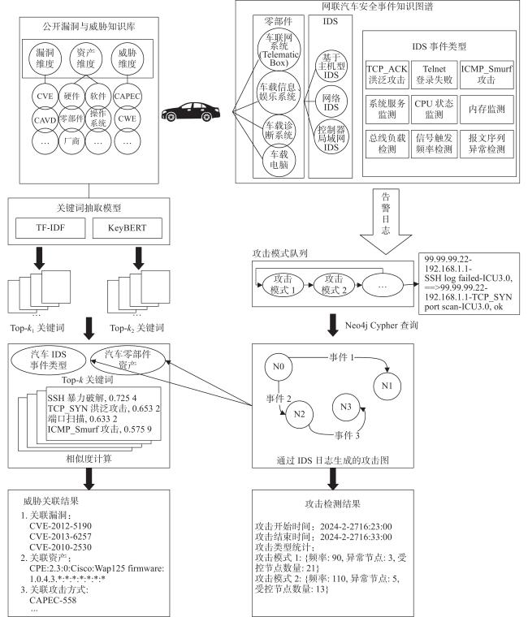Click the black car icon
(x=191, y=112)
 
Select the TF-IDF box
(x=50, y=228)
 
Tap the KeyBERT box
(x=128, y=228)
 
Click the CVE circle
(x=45, y=96)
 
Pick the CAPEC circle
(x=128, y=96)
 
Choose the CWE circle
(x=128, y=119)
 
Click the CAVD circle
(x=45, y=119)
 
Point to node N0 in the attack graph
(x=279, y=367)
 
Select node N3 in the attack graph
(x=346, y=407)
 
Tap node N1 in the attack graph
(x=387, y=386)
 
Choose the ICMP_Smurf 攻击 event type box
(x=487, y=75)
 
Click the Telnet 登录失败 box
(x=435, y=75)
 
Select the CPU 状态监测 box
(x=435, y=109)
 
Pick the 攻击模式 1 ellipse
(x=283, y=284)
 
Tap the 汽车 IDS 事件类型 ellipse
(x=49, y=360)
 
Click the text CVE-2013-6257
(x=60, y=537)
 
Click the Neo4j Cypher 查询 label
(x=381, y=326)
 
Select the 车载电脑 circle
(x=279, y=159)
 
